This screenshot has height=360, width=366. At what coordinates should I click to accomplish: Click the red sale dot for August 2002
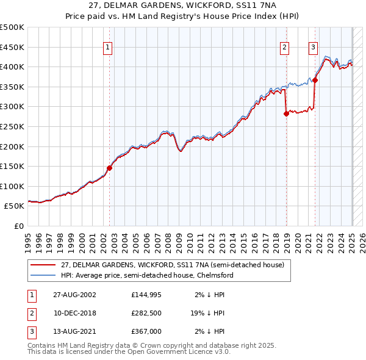point(110,168)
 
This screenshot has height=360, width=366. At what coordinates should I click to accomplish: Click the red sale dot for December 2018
point(286,113)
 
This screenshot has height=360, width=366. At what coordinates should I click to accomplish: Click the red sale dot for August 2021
point(315,80)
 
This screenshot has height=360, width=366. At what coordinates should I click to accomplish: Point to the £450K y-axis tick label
point(12,47)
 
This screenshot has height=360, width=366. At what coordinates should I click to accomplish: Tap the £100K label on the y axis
point(12,186)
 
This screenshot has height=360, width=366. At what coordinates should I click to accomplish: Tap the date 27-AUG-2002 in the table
point(75,295)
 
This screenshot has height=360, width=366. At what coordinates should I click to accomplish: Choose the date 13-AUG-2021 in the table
point(75,331)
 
